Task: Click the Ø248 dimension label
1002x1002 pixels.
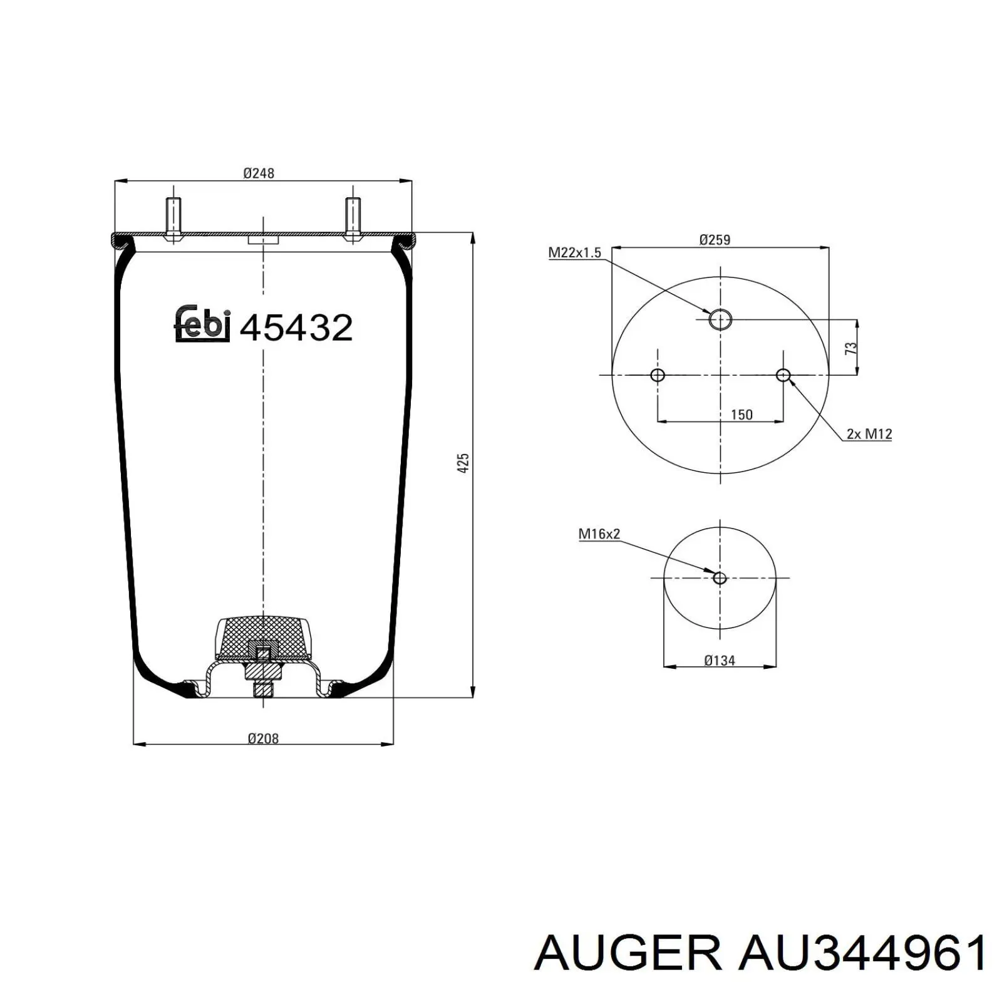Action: (259, 173)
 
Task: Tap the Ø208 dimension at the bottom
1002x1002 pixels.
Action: (263, 738)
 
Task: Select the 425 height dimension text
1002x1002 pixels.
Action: (463, 463)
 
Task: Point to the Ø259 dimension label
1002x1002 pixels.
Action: (715, 239)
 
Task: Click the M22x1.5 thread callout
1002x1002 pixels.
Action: (574, 252)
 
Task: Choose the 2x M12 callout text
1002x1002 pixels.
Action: (869, 433)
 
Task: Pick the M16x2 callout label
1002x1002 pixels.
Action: (599, 534)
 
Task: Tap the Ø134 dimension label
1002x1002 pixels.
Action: (719, 659)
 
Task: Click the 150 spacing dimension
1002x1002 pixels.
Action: (741, 415)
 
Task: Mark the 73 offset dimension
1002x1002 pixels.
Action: (850, 348)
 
